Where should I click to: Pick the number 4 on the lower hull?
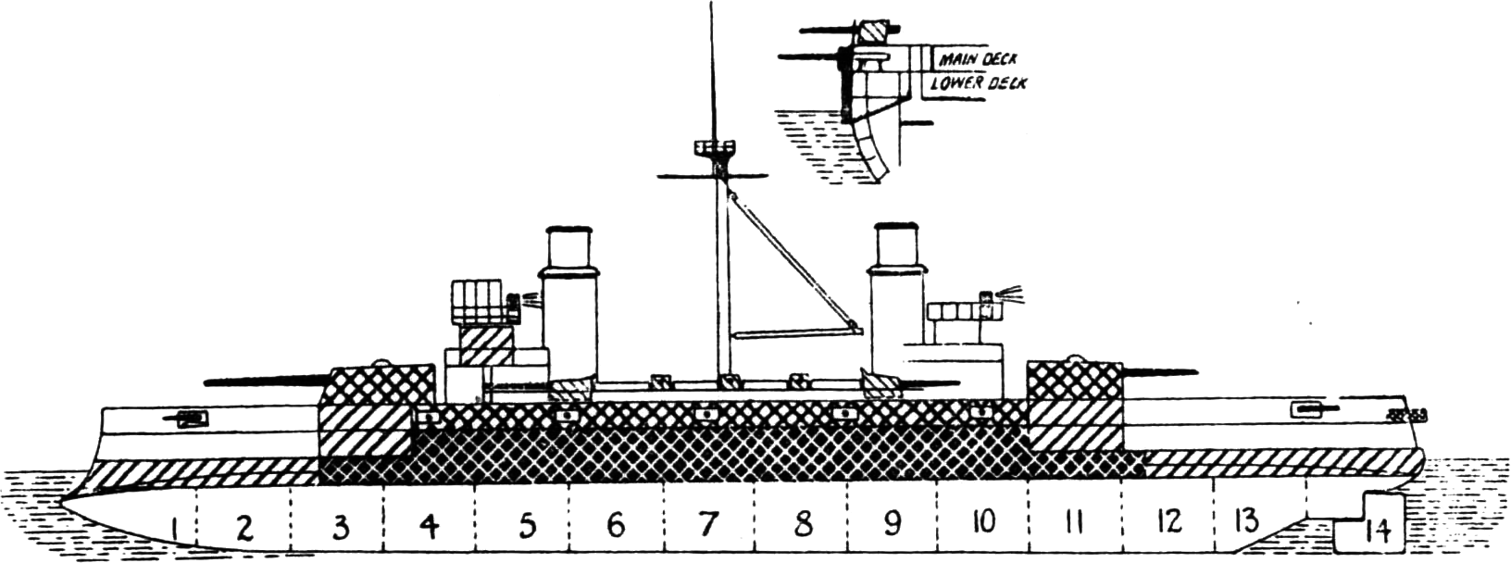tap(430, 526)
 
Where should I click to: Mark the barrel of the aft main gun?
tap(1159, 370)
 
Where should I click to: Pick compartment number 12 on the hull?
tap(1169, 520)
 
